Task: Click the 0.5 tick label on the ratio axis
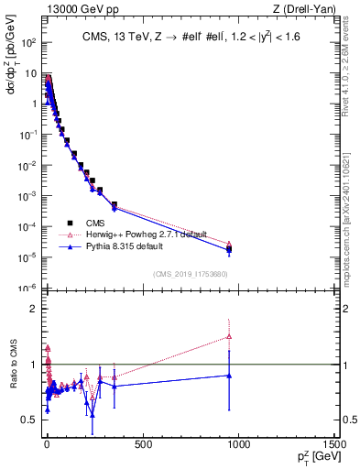click(x=28, y=420)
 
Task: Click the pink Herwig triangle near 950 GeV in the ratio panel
click(x=229, y=337)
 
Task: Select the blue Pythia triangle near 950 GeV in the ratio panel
click(x=229, y=376)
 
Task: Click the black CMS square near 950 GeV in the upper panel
click(x=229, y=249)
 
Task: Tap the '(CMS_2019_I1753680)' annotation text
click(x=191, y=273)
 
